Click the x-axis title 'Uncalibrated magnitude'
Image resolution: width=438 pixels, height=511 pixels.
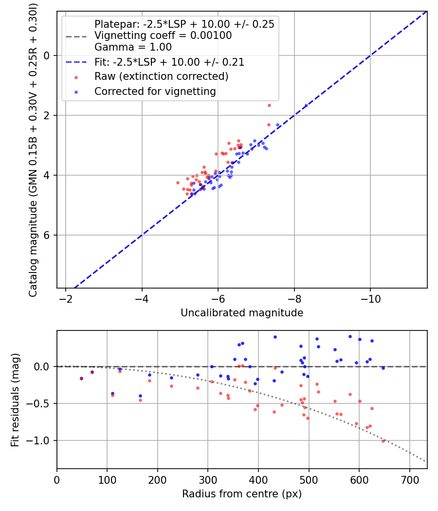(x=242, y=313)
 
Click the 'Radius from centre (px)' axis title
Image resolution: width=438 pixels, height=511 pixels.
(x=242, y=494)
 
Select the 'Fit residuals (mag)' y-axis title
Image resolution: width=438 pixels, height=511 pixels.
(x=15, y=400)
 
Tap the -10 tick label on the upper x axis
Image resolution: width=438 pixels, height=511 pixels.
(x=370, y=298)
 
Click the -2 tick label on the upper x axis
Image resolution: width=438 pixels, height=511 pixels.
(x=66, y=298)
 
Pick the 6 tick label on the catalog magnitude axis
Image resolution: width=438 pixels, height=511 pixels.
(x=47, y=235)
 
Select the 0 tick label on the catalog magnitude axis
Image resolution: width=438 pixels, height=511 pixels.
(x=47, y=55)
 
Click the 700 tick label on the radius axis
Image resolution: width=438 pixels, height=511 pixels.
(x=409, y=479)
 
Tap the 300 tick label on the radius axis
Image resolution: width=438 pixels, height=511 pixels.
(x=208, y=479)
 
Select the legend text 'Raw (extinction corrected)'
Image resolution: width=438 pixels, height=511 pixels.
(x=161, y=76)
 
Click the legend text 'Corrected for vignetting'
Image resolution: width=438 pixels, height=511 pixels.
(x=155, y=91)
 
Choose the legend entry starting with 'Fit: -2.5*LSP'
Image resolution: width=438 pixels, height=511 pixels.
(x=169, y=62)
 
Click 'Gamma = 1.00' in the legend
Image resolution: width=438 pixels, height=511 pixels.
(x=133, y=47)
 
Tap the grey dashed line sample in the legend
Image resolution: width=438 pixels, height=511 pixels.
(x=76, y=36)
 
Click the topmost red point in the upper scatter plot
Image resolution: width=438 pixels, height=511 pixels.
(x=269, y=105)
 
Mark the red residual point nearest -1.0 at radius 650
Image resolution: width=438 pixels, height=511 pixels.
(x=383, y=441)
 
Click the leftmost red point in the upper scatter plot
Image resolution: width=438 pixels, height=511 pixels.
(x=178, y=182)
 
